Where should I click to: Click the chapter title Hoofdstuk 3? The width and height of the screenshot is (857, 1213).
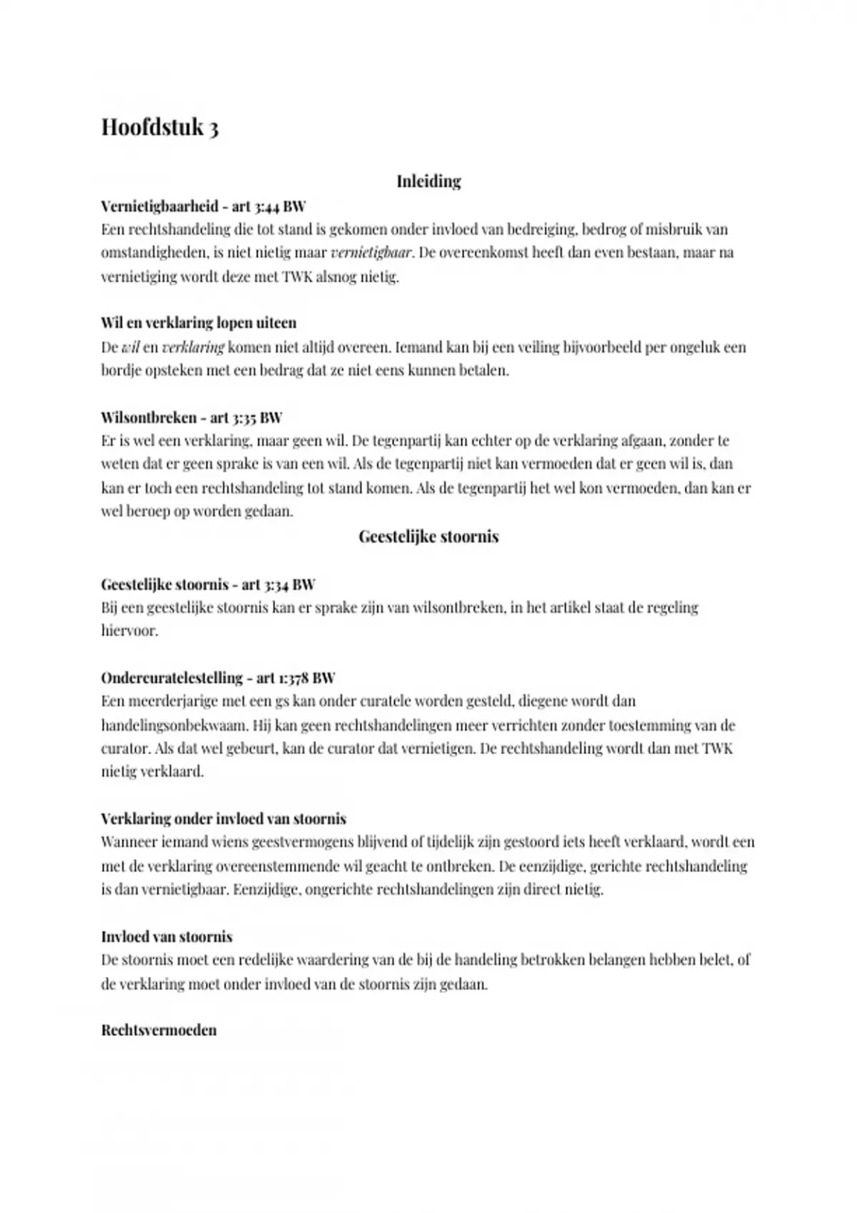(160, 127)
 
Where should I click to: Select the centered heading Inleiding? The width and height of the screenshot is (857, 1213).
(428, 181)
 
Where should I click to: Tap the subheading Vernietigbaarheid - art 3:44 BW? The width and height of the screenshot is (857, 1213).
(204, 206)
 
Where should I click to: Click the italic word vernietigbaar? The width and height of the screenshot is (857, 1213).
(371, 253)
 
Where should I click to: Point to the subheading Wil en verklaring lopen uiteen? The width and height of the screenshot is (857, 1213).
(199, 323)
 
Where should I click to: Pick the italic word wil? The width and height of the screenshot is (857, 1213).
(130, 347)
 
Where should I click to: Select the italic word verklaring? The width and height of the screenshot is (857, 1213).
(193, 347)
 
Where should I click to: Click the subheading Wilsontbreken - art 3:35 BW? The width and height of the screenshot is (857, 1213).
(191, 417)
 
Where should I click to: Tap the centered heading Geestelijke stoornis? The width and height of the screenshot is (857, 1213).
(428, 537)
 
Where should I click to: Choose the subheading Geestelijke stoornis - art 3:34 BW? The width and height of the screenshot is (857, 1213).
(208, 584)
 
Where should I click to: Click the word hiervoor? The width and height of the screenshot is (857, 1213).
(129, 631)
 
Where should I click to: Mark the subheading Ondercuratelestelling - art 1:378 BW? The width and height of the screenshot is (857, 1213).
(218, 677)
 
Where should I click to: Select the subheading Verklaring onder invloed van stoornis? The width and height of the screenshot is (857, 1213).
(224, 818)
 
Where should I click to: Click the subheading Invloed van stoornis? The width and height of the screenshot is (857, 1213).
(166, 936)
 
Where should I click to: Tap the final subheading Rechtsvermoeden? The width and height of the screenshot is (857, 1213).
(159, 1030)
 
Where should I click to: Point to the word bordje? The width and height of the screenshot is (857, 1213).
(121, 371)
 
